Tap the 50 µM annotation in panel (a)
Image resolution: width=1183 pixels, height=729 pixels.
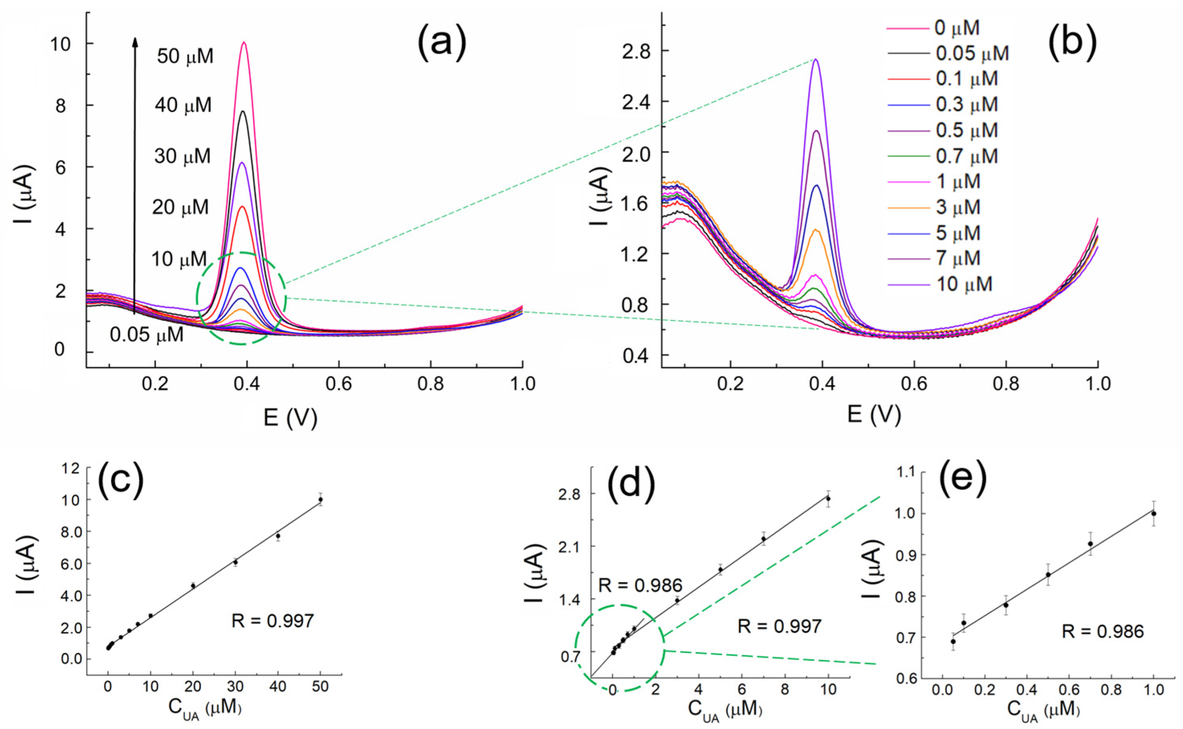click(185, 57)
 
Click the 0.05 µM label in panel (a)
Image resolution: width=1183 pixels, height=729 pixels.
click(146, 335)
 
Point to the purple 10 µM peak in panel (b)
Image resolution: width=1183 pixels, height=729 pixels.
click(815, 60)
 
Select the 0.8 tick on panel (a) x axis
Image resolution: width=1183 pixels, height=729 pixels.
click(431, 384)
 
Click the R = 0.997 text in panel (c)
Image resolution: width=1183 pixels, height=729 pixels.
click(272, 621)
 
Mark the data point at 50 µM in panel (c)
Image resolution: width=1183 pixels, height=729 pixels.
click(320, 500)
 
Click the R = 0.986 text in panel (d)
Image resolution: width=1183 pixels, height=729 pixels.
click(640, 586)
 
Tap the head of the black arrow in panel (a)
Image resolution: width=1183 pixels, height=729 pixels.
click(136, 41)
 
